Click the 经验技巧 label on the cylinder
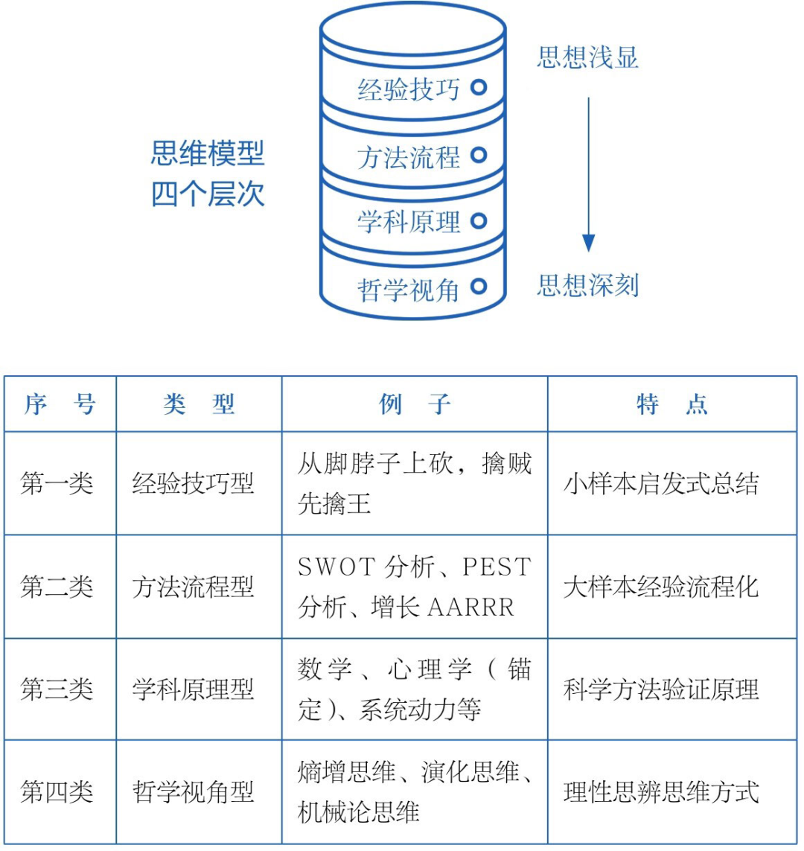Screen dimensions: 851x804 coord(409,90)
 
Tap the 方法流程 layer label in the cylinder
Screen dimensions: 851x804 coord(409,157)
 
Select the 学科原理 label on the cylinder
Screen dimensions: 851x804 coord(409,222)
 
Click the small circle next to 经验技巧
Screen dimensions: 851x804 coord(479,87)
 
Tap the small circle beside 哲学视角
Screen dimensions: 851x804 coord(479,286)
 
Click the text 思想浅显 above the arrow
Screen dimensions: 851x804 coord(587,58)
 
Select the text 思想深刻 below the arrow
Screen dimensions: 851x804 coord(587,285)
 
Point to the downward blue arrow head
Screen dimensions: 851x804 coord(589,243)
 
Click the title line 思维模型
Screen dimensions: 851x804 coord(208,155)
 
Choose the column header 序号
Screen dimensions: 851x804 coord(60,405)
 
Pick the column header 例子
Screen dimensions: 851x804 coord(415,405)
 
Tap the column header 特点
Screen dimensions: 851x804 coord(671,405)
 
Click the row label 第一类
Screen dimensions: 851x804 coord(57,484)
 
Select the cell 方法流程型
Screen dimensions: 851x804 coord(193,587)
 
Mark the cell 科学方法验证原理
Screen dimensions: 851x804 coord(661,689)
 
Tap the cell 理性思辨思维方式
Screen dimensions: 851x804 coord(661,792)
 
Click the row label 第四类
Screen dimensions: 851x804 coord(57,792)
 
